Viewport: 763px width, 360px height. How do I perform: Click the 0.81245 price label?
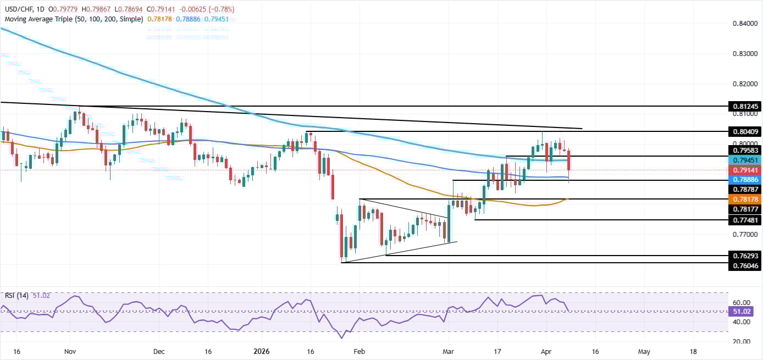745,106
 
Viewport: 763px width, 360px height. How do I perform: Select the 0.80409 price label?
745,132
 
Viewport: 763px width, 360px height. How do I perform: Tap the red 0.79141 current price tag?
745,170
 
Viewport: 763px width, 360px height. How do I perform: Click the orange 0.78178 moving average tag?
745,199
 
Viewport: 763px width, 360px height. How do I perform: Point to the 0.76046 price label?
745,265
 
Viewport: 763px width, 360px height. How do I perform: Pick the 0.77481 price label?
745,220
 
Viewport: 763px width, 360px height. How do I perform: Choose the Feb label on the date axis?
359,351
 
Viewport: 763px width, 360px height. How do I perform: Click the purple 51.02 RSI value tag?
745,312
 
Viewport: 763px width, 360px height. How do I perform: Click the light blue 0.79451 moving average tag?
745,160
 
